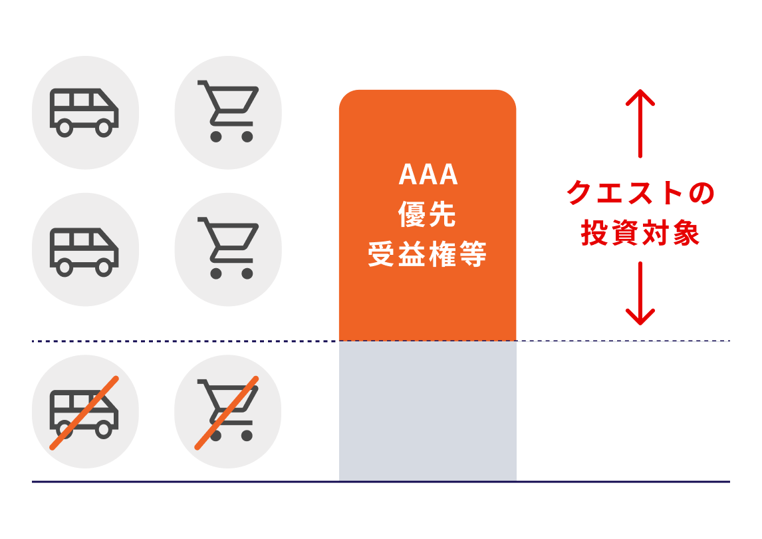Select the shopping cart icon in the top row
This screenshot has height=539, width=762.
(x=228, y=111)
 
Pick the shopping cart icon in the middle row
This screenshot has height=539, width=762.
(x=228, y=248)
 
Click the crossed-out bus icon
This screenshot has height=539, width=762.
(x=84, y=413)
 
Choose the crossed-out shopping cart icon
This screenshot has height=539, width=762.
(x=227, y=413)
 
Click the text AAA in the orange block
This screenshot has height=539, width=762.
(x=428, y=174)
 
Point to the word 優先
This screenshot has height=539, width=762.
(x=427, y=214)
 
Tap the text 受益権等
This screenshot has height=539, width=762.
(x=427, y=254)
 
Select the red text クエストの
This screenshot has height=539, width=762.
(x=640, y=192)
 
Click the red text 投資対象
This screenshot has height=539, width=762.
(x=640, y=232)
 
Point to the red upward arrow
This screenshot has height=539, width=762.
(x=640, y=124)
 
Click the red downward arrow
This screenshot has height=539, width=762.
(x=640, y=293)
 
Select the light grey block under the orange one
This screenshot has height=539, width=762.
(x=428, y=411)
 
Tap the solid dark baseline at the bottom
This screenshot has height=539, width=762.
(x=381, y=482)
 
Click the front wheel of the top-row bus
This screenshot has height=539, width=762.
(x=104, y=128)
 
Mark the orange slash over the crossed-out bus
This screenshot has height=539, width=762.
(x=84, y=413)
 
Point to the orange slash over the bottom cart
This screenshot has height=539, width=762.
(x=227, y=413)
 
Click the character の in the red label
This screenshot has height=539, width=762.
(x=701, y=193)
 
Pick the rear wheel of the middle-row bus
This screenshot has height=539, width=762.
(x=64, y=267)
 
